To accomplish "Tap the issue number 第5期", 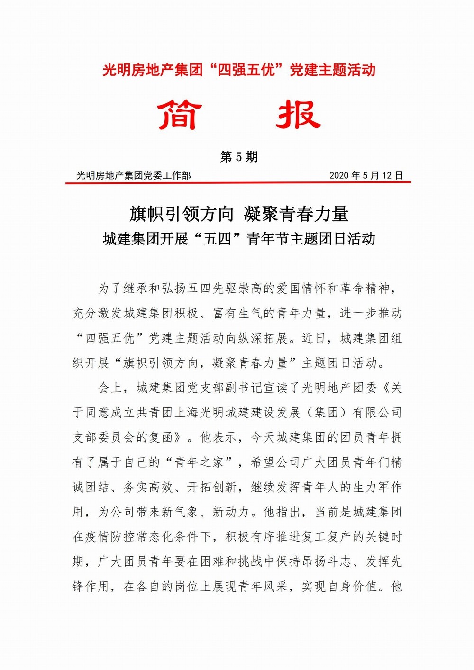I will (238, 157).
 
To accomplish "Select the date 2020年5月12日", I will (366, 175).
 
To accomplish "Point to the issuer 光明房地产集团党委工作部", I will (134, 175).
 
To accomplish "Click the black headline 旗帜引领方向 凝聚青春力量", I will (239, 214).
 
